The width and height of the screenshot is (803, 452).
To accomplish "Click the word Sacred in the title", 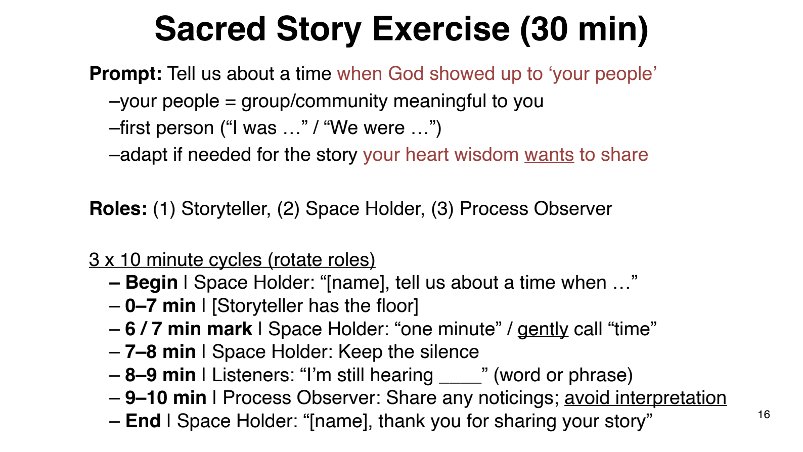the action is coord(210,29).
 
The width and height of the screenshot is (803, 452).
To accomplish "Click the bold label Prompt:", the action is coord(126,74).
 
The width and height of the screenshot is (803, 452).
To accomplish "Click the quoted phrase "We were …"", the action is coord(379,128).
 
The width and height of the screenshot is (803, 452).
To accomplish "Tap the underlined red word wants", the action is coord(549,155).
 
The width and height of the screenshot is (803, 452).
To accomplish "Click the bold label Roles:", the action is coord(118,209).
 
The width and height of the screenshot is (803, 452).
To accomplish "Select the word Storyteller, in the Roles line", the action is coord(226,209).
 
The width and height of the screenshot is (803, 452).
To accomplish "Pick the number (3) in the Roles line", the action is coord(442,209).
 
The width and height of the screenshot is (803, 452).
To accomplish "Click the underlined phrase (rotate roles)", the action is coord(322,259).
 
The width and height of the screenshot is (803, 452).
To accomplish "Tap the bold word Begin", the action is coord(151,283).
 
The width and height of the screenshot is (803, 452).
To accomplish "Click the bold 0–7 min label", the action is coord(160,306).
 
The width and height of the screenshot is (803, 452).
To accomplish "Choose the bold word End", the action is coord(143,421).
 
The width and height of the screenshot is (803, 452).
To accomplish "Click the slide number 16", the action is coord(764,415).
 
